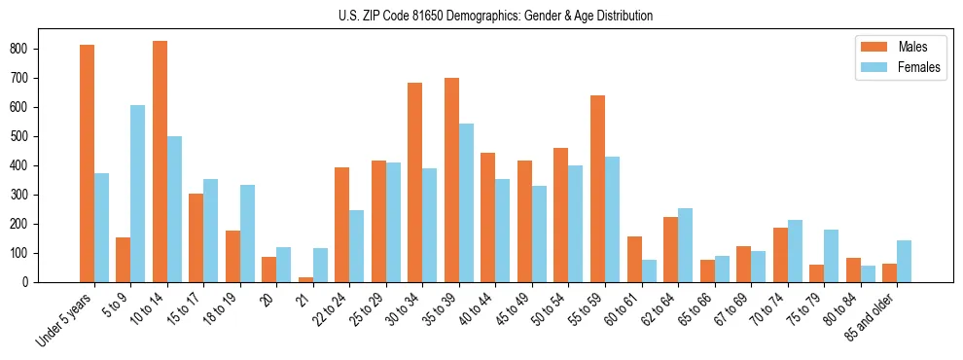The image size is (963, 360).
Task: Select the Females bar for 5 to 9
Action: (138, 194)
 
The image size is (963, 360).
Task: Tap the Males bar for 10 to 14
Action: (160, 162)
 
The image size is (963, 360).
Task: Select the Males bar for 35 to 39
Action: (451, 180)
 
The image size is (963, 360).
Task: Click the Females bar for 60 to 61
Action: (649, 270)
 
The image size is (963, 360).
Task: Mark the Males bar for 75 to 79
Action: (816, 273)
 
